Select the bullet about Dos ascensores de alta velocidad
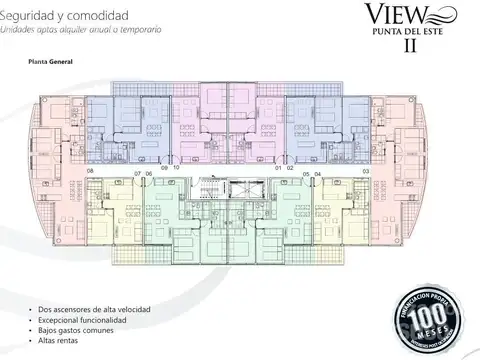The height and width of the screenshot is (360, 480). pos(94,311)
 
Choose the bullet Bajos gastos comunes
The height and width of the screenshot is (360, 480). pos(80,335)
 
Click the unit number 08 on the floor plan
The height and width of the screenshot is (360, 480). pos(90,172)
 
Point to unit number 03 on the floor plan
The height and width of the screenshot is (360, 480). pos(365,172)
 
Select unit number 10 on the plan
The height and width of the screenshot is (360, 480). pos(176,168)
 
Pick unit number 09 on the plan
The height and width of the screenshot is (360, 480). pos(165,168)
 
